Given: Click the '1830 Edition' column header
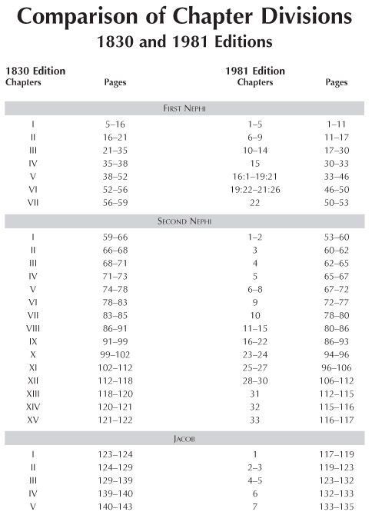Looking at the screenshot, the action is pyautogui.click(x=35, y=71).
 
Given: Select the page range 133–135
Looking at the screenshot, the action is pyautogui.click(x=336, y=507).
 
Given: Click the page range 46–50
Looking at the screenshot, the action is pyautogui.click(x=336, y=189).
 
